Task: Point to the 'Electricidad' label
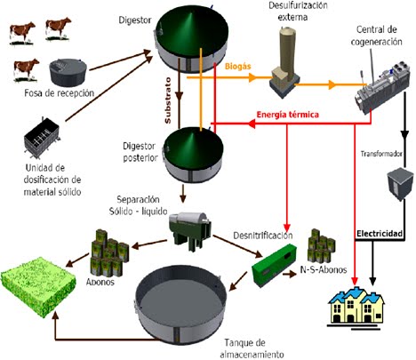pos(380,234)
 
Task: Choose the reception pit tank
pos(67,71)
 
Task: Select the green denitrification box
pos(276,268)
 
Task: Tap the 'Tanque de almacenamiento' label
pos(252,348)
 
